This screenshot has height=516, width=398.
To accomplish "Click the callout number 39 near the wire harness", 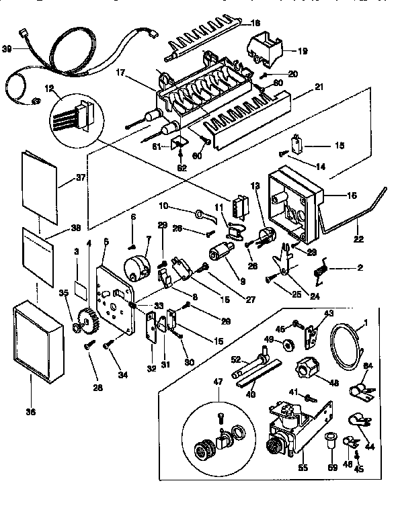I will click(8, 48).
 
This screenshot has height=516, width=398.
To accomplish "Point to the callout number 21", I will click(318, 87).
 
